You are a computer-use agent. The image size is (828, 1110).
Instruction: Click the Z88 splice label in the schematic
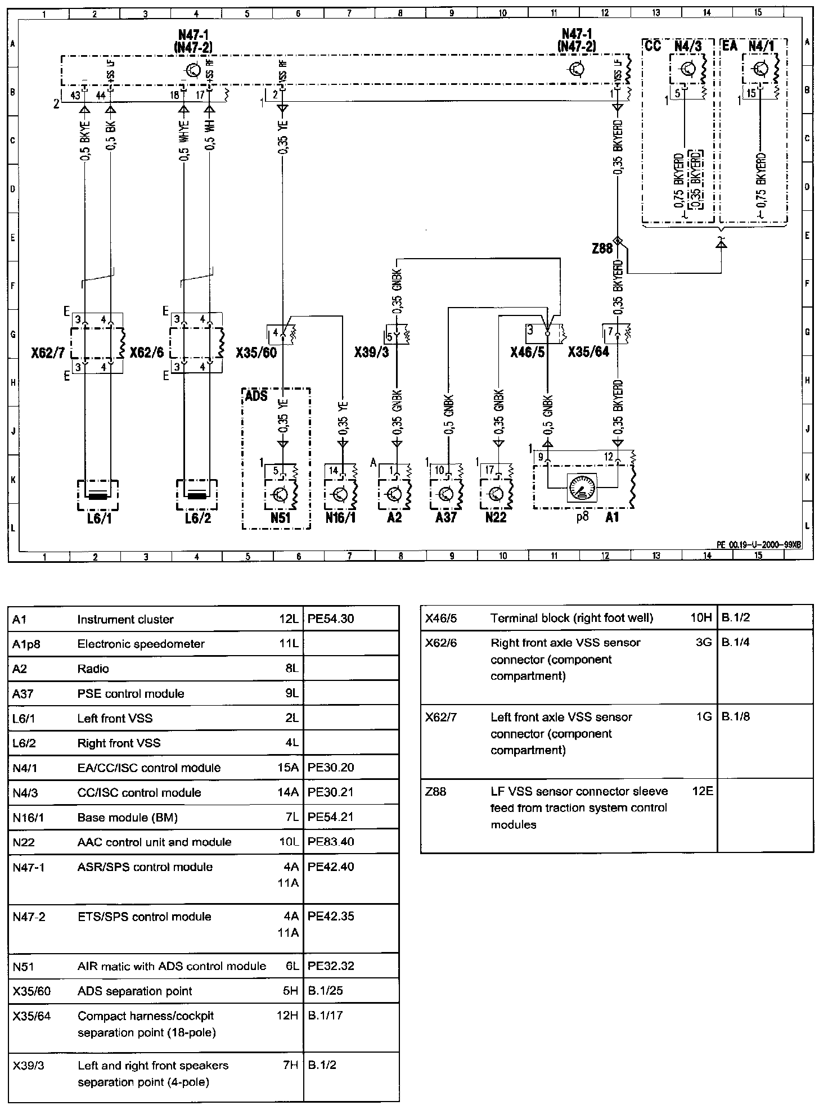click(x=601, y=248)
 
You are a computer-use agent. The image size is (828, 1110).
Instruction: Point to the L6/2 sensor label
click(x=197, y=518)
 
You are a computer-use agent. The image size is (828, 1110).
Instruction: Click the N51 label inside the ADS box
click(x=280, y=517)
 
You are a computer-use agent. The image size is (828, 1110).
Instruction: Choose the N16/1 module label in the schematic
click(x=341, y=517)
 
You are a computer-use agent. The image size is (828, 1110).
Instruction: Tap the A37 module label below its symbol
click(x=445, y=517)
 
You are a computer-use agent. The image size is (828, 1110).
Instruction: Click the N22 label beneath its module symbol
click(x=496, y=517)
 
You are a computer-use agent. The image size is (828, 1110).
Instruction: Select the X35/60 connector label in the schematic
click(x=256, y=353)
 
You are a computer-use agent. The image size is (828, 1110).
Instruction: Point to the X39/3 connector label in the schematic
click(x=371, y=353)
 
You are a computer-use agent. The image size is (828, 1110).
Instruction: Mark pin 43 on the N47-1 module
click(x=75, y=96)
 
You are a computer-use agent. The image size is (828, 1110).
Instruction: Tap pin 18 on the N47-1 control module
click(x=175, y=96)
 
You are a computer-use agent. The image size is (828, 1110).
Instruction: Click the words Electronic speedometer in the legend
click(x=141, y=644)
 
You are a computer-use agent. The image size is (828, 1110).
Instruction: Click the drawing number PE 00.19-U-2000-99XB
click(x=759, y=545)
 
